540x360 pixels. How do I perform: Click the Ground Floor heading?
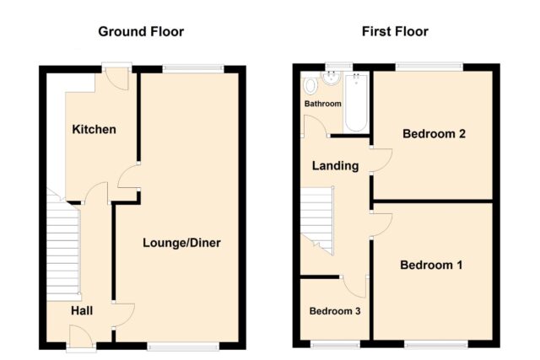click(141, 32)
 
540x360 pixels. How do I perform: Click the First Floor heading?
click(395, 32)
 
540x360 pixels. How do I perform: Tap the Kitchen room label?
click(94, 129)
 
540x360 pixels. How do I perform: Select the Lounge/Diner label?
click(181, 243)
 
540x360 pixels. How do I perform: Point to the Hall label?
click(82, 311)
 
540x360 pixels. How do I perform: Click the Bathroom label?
click(322, 104)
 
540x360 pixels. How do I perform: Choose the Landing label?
click(336, 166)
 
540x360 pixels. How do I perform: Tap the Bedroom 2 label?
click(434, 133)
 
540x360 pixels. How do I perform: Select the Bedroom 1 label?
click(431, 265)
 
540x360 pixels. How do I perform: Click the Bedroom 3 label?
click(335, 311)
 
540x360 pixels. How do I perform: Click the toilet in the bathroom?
click(310, 85)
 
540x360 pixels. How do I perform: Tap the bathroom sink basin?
click(331, 78)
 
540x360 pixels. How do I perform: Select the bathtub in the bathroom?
click(356, 102)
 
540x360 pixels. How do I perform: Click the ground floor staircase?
click(64, 247)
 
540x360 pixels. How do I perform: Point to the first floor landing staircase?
click(317, 220)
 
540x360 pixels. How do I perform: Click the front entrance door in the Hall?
click(81, 336)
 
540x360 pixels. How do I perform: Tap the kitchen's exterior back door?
click(116, 78)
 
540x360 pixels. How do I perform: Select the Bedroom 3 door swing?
click(354, 287)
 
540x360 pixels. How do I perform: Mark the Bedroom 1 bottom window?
click(436, 344)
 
